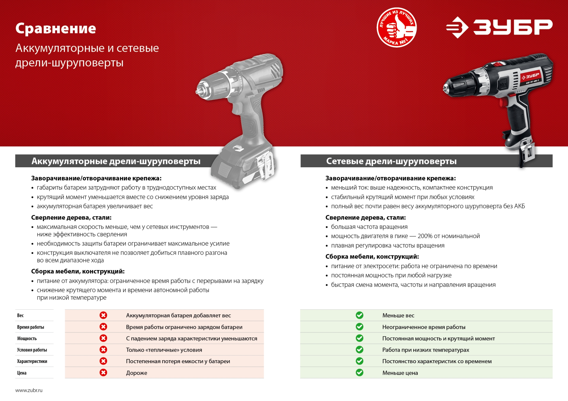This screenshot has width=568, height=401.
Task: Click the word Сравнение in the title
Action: coord(56,29)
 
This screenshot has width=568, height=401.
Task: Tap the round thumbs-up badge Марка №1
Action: coord(396,27)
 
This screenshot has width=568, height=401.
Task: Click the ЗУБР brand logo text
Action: coord(512,27)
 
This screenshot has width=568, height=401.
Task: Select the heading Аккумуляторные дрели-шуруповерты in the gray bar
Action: coord(116,161)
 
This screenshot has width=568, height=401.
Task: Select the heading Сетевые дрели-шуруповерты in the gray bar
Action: coord(391,161)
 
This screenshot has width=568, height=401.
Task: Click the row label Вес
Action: coord(20,315)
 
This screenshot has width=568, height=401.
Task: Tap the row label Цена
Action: coord(22,373)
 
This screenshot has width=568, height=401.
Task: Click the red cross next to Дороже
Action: coord(103,372)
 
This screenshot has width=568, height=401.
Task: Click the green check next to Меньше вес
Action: coord(359,315)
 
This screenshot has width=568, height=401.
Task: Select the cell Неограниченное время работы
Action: coord(424,327)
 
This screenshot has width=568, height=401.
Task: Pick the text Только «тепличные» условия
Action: coord(164,350)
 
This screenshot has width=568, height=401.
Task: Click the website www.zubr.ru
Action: coord(29,390)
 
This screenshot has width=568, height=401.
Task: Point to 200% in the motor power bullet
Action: coord(425,236)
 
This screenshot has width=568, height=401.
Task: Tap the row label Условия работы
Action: coord(32,350)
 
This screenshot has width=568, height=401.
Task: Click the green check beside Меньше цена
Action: coord(359,372)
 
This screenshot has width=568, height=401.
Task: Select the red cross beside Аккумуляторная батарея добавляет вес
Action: coord(103,315)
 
